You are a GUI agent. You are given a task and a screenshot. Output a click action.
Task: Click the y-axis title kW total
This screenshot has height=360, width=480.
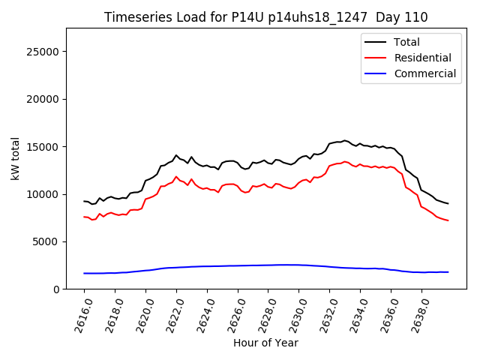point(15,159)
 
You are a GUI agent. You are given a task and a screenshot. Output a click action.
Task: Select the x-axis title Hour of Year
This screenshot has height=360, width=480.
point(265,343)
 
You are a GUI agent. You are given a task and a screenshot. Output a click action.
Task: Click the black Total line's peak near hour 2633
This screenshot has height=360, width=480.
point(345,140)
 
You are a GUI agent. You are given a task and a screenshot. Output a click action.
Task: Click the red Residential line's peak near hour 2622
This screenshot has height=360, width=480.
point(176,177)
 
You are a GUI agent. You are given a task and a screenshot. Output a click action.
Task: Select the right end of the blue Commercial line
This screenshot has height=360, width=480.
point(448,272)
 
